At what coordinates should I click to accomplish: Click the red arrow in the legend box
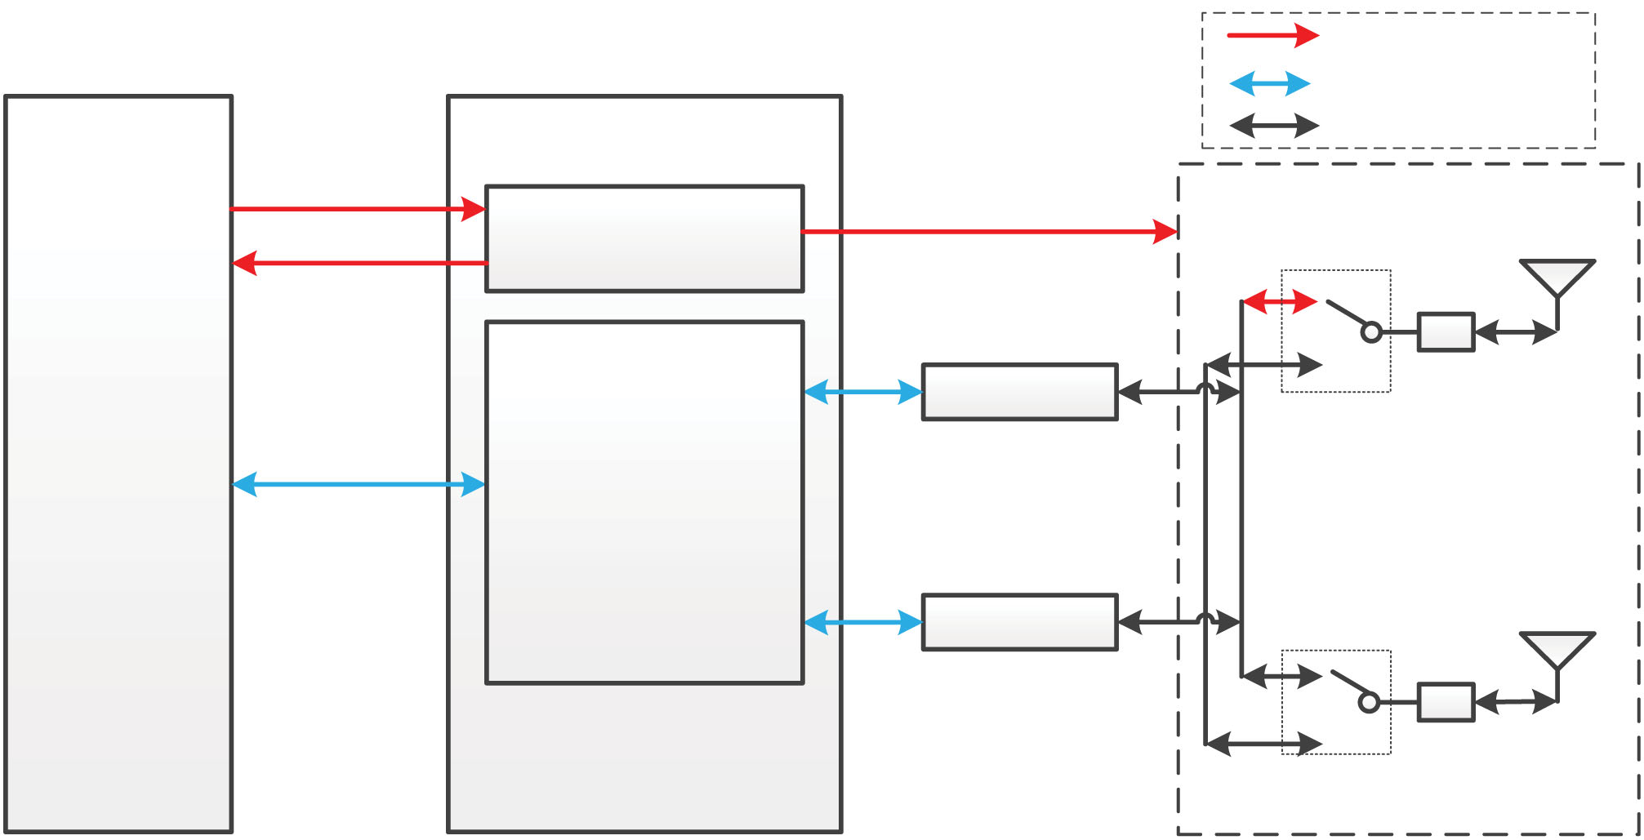tap(1272, 35)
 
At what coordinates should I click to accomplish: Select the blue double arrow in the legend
tap(1270, 83)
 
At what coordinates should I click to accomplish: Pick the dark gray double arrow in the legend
tap(1274, 126)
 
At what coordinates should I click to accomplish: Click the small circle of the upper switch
tap(1372, 332)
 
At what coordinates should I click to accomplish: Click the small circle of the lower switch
tap(1370, 702)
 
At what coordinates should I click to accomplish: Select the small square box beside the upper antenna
tap(1446, 332)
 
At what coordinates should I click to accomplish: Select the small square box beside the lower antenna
tap(1446, 702)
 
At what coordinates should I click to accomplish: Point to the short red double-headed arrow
tap(1279, 302)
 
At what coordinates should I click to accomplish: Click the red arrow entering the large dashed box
tap(989, 232)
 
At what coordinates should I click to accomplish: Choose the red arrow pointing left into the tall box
tap(359, 263)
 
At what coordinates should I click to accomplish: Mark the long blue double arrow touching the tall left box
tap(359, 484)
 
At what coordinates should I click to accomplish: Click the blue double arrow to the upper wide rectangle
tap(863, 392)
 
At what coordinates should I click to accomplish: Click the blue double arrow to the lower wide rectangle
tap(863, 623)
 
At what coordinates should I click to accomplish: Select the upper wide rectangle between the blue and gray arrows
tap(1019, 392)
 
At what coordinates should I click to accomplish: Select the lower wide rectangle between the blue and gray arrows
tap(1019, 622)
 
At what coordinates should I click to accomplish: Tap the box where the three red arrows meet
tap(644, 238)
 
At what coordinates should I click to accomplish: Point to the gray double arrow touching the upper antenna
tap(1516, 332)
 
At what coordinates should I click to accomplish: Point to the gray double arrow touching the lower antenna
tap(1516, 702)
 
